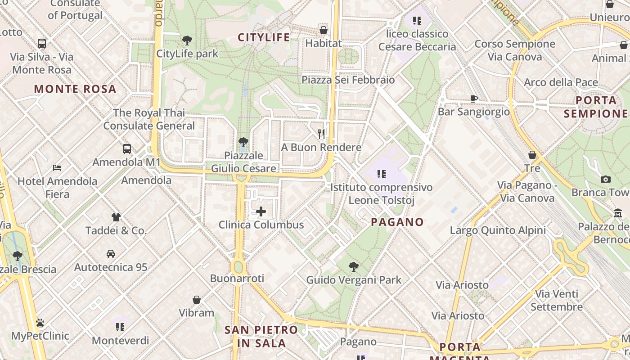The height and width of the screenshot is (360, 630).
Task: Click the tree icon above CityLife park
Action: tap(187, 40)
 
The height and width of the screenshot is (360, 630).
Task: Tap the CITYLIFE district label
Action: tap(264, 37)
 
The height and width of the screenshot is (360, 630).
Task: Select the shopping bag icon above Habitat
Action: tap(323, 30)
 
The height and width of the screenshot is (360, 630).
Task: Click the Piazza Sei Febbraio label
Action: tap(348, 80)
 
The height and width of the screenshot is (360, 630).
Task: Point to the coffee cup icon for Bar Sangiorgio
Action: tap(473, 99)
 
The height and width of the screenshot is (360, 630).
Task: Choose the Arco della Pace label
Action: tap(561, 82)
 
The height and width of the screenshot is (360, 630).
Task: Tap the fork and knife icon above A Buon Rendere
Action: tap(321, 134)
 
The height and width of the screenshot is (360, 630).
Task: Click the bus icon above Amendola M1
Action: tap(127, 149)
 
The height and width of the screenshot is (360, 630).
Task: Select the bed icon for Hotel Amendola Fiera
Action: tap(57, 168)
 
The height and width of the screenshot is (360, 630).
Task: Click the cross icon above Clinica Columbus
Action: tap(261, 211)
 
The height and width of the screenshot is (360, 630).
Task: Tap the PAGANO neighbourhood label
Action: tap(397, 222)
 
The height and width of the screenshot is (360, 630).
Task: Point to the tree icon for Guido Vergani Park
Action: tap(354, 267)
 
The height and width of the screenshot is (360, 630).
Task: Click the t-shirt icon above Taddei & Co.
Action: tap(116, 217)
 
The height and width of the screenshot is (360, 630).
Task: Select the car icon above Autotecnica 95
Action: tap(111, 254)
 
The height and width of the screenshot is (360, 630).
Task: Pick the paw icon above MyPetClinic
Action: tap(40, 323)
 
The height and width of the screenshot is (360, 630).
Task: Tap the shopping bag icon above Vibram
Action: tap(196, 300)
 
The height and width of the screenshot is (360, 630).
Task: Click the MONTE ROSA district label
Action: tap(75, 89)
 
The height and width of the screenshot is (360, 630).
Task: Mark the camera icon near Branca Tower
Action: tap(605, 179)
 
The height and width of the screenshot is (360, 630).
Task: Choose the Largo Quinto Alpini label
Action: tap(498, 231)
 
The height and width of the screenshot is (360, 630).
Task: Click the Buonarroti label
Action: tap(237, 279)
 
